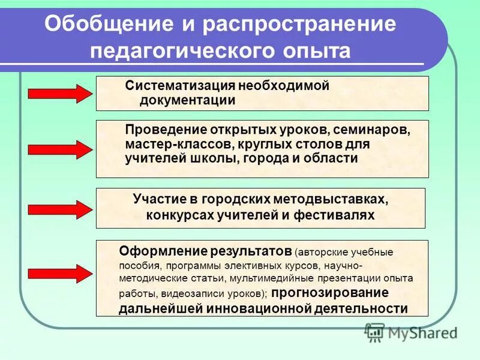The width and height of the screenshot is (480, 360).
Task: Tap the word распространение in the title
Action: coord(300,25)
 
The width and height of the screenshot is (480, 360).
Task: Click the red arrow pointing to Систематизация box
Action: coord(60,93)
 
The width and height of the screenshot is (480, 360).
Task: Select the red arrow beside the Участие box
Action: coord(60,208)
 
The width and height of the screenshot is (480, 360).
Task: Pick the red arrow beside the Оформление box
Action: coord(60,273)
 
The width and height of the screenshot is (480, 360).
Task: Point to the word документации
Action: coord(187,100)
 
